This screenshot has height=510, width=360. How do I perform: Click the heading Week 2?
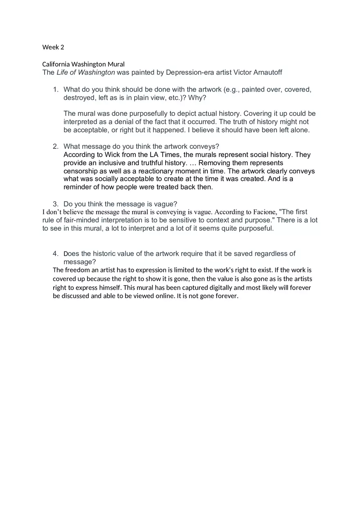pos(53,47)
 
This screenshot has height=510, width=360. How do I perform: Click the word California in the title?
pos(56,64)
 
